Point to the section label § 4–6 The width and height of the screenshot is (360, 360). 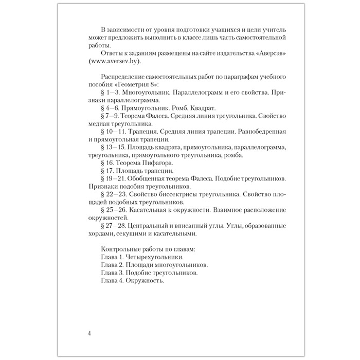tap(112, 109)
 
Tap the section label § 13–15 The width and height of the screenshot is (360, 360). tap(115, 148)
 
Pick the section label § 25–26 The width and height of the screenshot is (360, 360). tap(115, 211)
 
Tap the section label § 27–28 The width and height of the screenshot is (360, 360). tap(114, 227)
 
